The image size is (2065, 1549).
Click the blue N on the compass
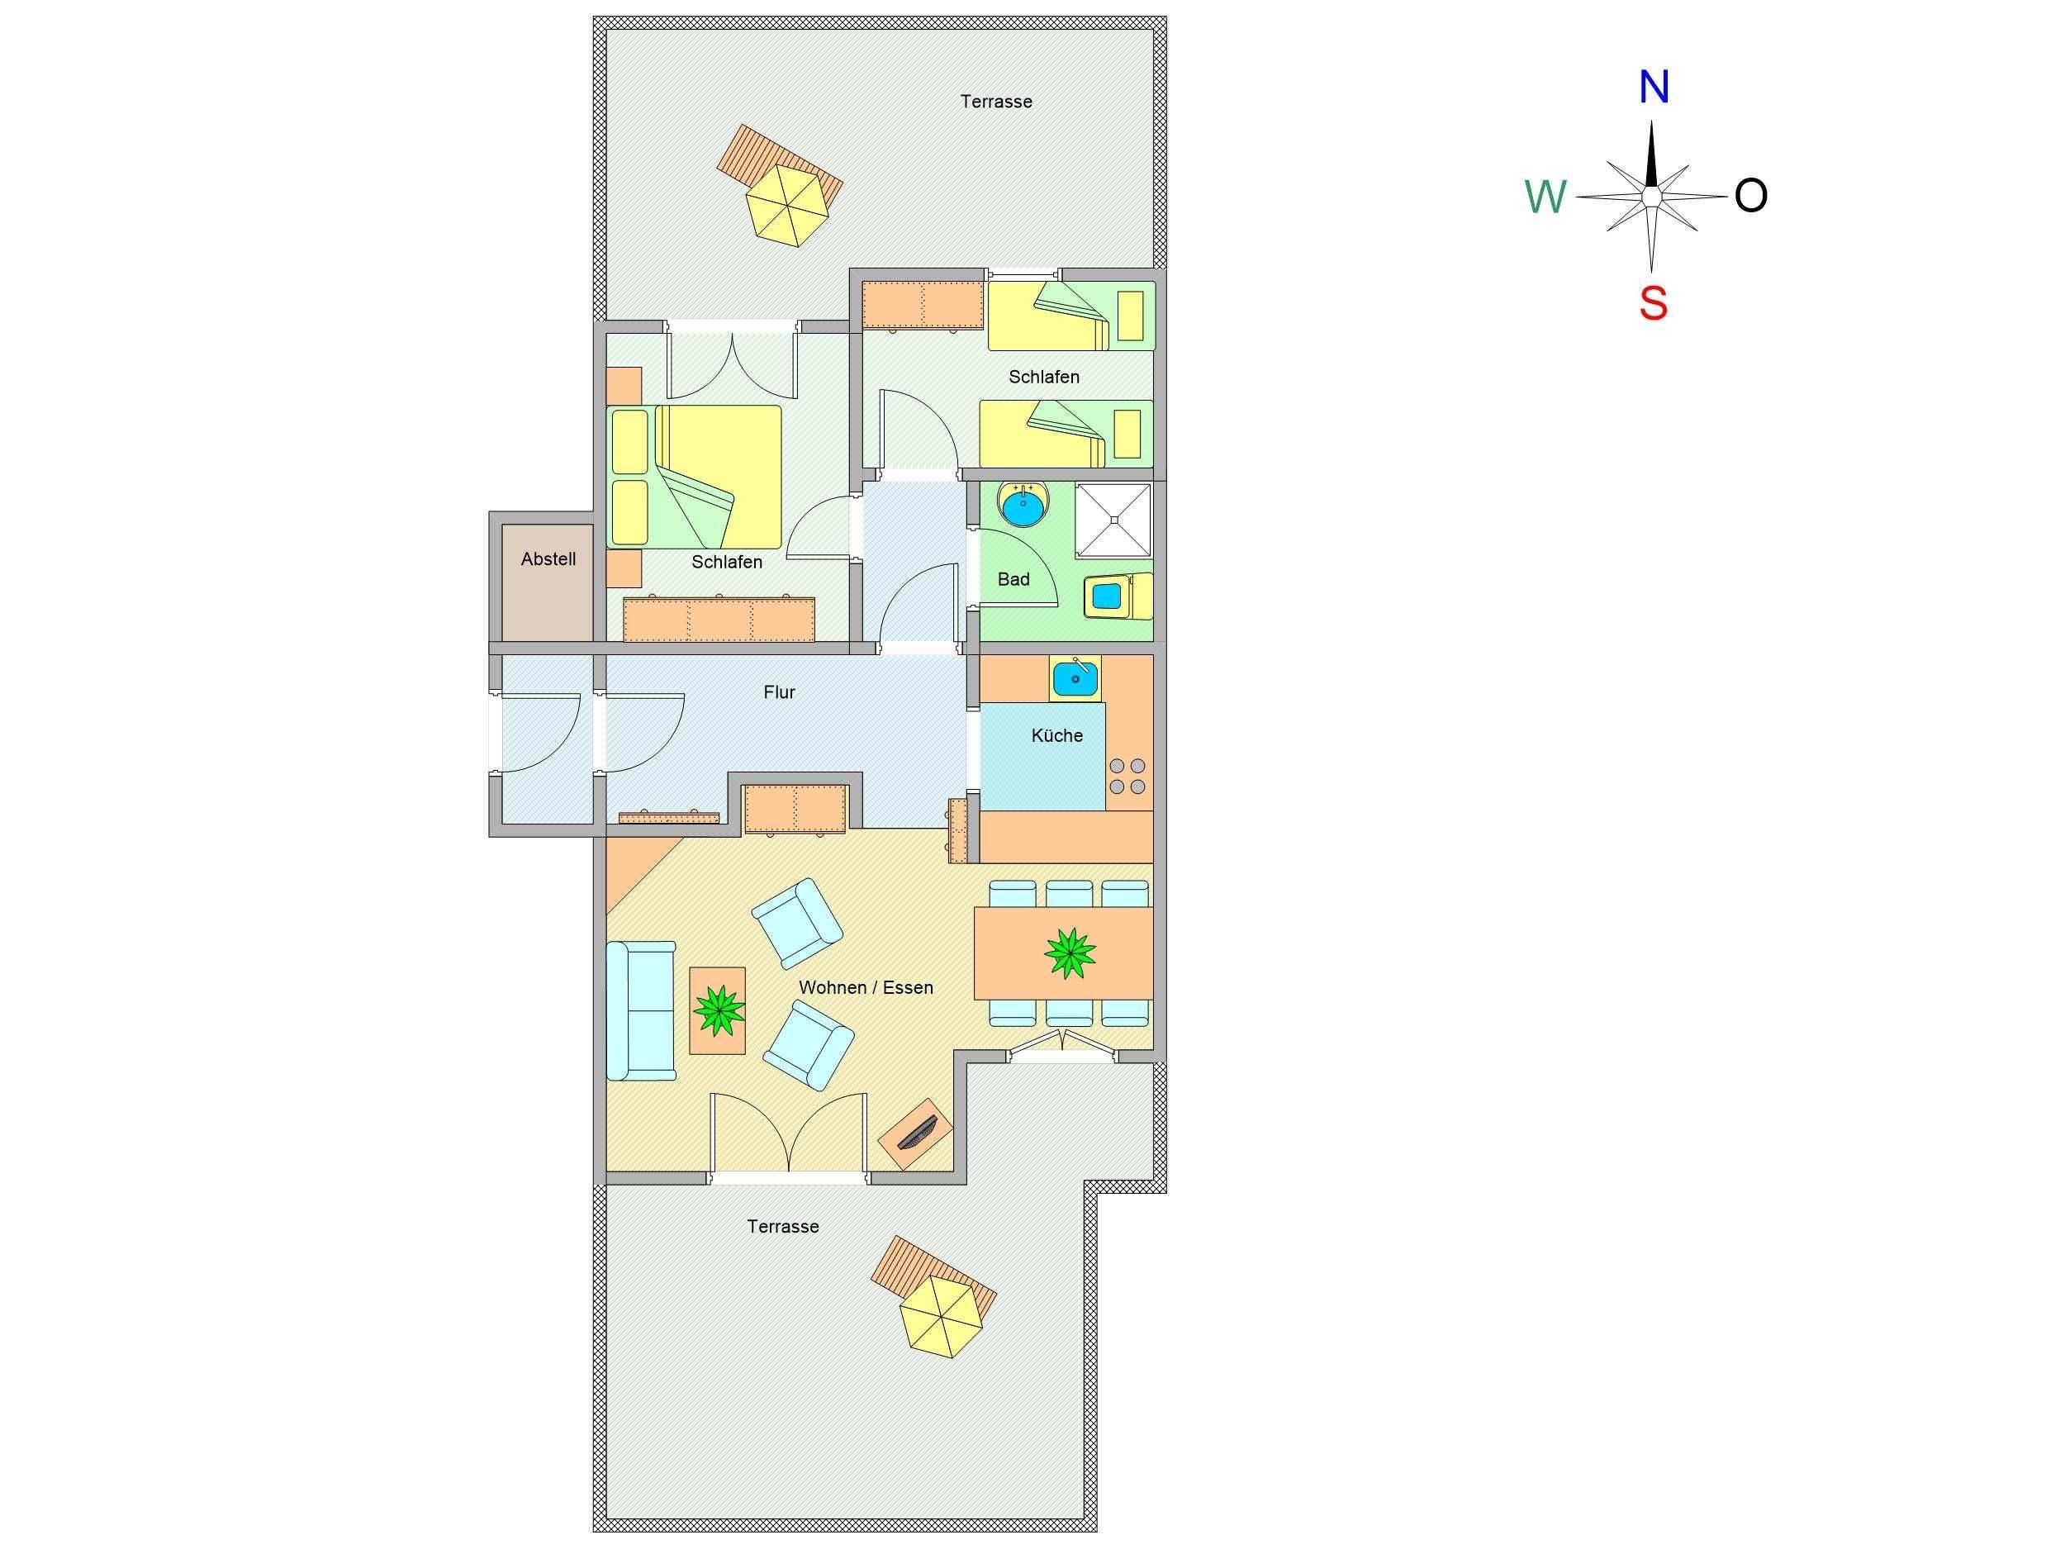[1654, 87]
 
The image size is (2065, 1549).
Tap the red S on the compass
[1654, 303]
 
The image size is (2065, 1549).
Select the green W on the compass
[1545, 197]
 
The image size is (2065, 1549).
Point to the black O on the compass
[1751, 196]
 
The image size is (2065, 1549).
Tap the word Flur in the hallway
[780, 691]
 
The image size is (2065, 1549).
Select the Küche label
[1056, 734]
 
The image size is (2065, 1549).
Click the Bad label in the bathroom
[1013, 579]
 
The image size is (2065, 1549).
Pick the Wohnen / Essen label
[866, 987]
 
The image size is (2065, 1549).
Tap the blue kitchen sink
[1076, 678]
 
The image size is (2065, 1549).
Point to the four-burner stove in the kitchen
[1127, 776]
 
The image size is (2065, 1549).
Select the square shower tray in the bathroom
[1113, 520]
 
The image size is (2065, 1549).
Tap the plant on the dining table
[1070, 953]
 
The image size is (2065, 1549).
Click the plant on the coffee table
[718, 1011]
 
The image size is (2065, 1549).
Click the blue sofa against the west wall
[641, 1011]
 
